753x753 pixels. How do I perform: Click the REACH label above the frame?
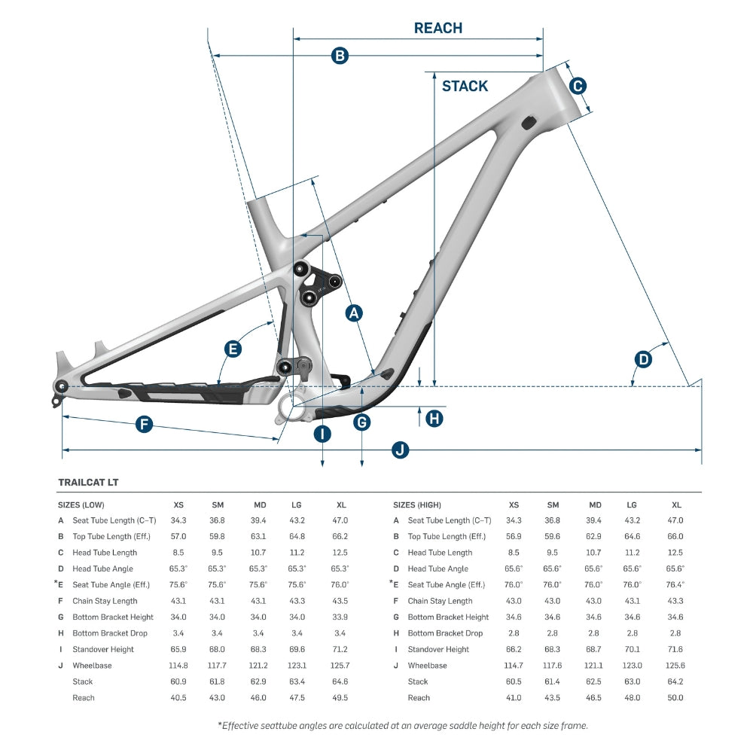coord(437,29)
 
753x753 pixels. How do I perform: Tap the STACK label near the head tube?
coord(465,86)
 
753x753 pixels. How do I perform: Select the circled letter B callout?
coord(340,55)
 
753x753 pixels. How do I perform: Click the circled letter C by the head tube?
coord(577,86)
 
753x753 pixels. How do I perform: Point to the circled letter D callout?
coord(643,359)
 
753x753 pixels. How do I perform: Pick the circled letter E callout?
coord(233,349)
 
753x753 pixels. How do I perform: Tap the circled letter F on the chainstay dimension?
coord(144,425)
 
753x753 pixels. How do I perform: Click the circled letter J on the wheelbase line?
coord(401,450)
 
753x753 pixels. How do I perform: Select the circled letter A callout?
coord(354,313)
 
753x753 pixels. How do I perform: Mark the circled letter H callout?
coord(434,419)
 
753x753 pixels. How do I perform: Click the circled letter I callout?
coord(322,434)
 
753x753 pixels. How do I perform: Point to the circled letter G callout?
coord(362,422)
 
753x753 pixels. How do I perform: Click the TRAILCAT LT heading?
coord(88,482)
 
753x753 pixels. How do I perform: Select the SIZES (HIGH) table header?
coord(417,505)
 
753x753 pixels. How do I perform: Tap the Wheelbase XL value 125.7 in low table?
coord(340,666)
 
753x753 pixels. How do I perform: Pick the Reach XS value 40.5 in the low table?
coord(178,698)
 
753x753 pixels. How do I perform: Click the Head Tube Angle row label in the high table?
coord(437,569)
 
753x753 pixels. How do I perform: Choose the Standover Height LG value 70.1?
coord(632,649)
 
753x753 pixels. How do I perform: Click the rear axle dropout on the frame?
coord(61,386)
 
